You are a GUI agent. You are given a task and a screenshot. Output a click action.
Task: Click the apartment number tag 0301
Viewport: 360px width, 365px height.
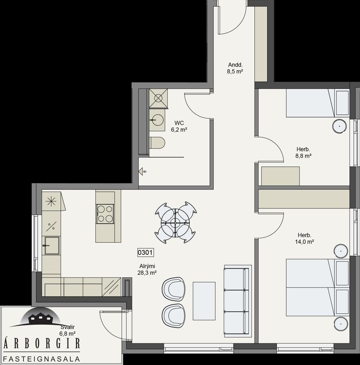[145, 252]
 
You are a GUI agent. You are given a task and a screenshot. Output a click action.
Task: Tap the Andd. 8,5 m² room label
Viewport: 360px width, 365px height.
[235, 68]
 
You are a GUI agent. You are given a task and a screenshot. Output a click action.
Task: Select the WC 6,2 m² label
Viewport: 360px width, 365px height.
[179, 126]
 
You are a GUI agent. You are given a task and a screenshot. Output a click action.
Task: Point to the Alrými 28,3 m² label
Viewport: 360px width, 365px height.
[147, 269]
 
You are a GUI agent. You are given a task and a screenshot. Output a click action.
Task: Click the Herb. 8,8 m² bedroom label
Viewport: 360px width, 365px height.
[304, 152]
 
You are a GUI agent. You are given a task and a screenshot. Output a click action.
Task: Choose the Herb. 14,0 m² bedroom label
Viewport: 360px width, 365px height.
[304, 238]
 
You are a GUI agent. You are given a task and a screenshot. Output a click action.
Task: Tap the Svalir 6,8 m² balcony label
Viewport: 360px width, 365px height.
[67, 330]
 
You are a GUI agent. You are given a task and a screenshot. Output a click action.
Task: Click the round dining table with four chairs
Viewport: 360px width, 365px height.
[175, 223]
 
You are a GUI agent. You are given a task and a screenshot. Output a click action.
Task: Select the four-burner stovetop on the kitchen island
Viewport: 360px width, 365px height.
[105, 214]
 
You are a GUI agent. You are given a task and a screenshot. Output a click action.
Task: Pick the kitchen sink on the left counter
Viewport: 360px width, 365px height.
[52, 245]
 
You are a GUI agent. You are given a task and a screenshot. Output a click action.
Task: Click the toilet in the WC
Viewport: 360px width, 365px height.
[157, 143]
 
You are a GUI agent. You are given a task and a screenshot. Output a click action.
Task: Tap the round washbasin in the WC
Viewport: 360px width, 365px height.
[157, 120]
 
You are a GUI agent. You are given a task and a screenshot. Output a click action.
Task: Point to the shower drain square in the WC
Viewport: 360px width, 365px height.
[159, 98]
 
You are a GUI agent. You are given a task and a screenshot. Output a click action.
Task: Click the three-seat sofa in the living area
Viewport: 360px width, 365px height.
[238, 301]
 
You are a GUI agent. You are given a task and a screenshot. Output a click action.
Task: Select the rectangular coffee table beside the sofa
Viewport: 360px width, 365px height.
[204, 301]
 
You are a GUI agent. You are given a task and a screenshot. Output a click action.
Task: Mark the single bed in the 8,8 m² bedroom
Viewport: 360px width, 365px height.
[317, 103]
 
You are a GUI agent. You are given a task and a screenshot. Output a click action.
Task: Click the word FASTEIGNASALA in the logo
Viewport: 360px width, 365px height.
[41, 359]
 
